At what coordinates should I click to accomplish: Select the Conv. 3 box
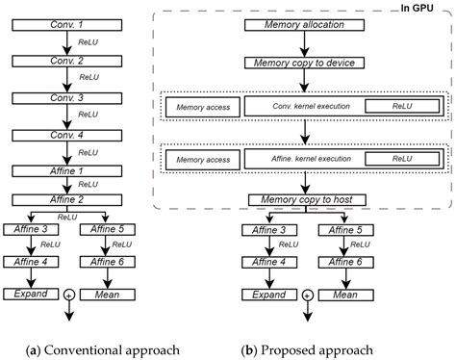pos(63,97)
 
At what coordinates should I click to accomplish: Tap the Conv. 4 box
pos(63,134)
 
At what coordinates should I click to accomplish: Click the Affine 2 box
pos(63,198)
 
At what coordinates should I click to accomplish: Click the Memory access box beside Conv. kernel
pos(202,108)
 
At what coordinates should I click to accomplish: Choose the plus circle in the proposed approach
pos(306,296)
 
